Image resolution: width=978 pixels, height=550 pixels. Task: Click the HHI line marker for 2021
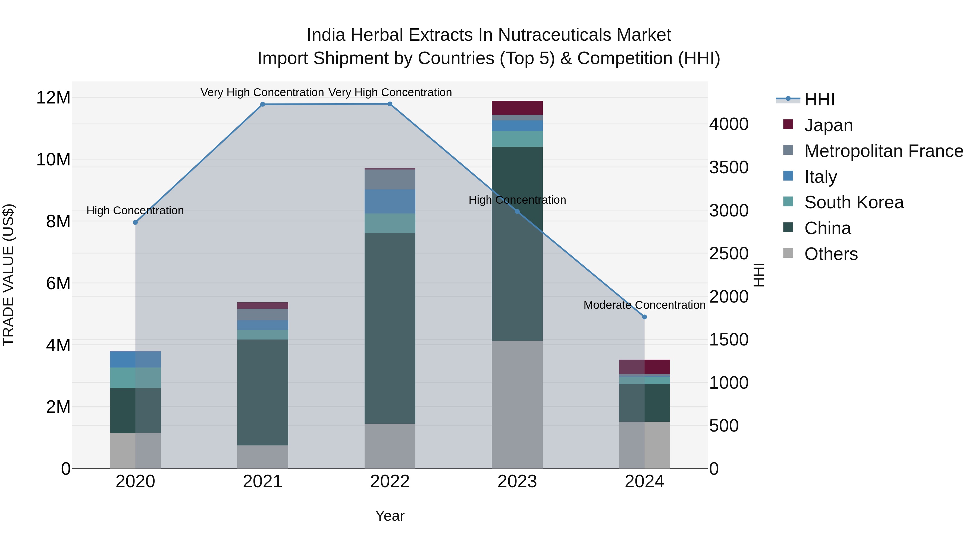click(x=262, y=104)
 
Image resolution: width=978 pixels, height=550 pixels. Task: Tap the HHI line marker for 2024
click(x=644, y=317)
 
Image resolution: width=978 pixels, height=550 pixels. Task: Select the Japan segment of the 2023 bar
click(x=517, y=108)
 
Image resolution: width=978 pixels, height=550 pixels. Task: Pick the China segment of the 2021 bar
click(x=262, y=392)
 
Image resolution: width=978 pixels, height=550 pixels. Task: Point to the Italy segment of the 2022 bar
click(x=390, y=201)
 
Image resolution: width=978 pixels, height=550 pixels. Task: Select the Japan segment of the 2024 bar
click(x=644, y=367)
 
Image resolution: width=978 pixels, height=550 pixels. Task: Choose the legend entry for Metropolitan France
click(x=883, y=151)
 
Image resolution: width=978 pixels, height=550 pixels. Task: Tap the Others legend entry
click(x=831, y=254)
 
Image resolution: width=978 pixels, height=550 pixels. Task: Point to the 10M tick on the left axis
click(x=53, y=159)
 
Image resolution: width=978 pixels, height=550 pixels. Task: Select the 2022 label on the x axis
click(x=390, y=482)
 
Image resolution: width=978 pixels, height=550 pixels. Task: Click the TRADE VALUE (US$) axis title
click(x=8, y=275)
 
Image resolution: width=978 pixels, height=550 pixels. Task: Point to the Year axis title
click(x=390, y=516)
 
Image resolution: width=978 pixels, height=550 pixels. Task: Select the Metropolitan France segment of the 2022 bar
click(x=390, y=179)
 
